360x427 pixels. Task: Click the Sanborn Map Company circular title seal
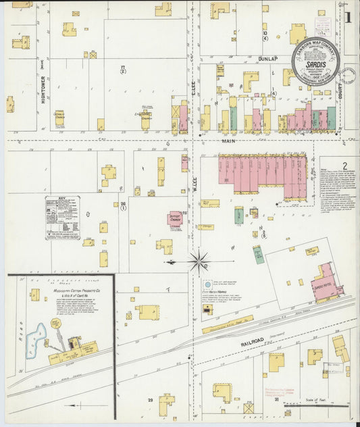[315, 60]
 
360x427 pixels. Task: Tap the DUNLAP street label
[267, 59]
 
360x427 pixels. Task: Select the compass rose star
[199, 261]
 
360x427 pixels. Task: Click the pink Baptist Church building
[175, 220]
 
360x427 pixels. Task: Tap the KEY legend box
[63, 218]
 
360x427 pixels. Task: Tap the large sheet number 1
[348, 18]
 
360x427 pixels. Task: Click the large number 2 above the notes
[344, 166]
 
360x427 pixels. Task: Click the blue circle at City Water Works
[207, 286]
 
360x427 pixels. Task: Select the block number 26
[123, 203]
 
